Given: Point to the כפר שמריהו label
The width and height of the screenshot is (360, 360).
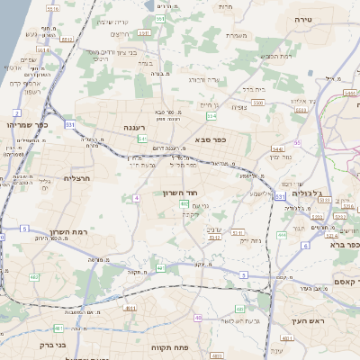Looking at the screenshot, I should click(x=26, y=125).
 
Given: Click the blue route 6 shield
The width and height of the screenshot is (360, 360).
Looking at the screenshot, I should click(x=306, y=246).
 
